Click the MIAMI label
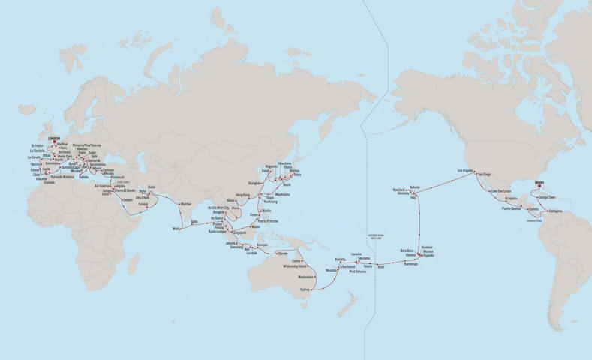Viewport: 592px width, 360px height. (x=538, y=181)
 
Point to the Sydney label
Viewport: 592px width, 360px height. (x=304, y=287)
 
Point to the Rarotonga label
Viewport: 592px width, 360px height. (x=410, y=264)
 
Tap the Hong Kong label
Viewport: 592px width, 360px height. (x=242, y=195)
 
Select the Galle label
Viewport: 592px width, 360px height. (x=195, y=222)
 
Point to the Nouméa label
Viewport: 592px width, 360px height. (x=332, y=269)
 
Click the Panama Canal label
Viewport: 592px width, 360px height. (x=533, y=220)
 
